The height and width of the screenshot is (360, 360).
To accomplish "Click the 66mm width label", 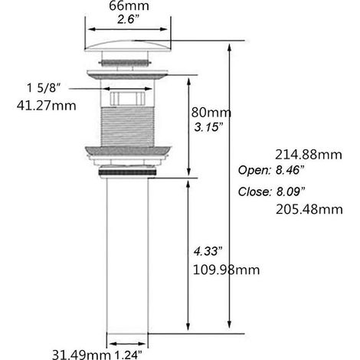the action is [x=129, y=5].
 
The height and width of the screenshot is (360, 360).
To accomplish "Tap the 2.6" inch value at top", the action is [x=129, y=19].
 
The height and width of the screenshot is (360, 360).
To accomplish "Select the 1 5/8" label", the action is [x=44, y=88].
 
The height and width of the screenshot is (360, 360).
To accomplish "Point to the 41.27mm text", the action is [x=47, y=105].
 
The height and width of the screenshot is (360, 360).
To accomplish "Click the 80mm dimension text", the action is [x=211, y=113].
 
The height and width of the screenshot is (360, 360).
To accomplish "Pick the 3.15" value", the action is [x=208, y=127].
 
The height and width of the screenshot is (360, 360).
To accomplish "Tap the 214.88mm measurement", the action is [x=309, y=155].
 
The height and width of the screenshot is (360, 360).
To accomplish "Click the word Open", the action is [x=254, y=170].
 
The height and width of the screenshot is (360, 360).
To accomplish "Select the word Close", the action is [x=254, y=191].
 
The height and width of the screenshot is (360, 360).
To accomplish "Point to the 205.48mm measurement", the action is [x=309, y=209].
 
